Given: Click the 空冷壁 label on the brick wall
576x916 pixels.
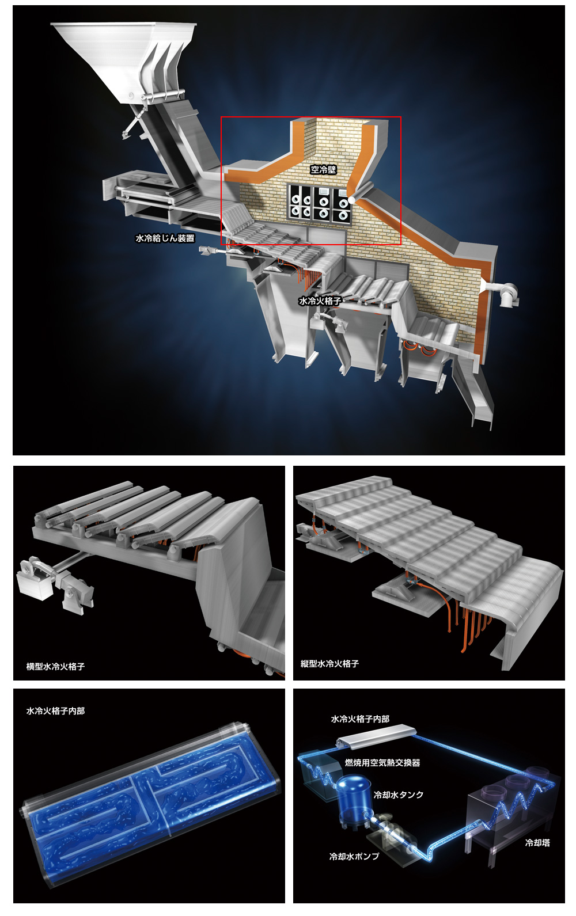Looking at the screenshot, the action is coord(323,169).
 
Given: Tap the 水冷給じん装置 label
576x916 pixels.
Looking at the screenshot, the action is coord(165,238).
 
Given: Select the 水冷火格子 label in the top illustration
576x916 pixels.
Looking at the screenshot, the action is coord(320,301).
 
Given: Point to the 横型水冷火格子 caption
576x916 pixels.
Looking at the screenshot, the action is coord(56,666).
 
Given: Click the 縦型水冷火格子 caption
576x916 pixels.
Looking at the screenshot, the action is coord(329,663).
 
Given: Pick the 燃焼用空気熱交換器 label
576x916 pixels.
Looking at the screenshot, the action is coord(382,762).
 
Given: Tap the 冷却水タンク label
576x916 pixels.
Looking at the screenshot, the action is coord(399,795).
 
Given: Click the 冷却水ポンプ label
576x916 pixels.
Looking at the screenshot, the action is coord(354,856).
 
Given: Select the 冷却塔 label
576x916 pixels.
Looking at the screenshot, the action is coord(537,842).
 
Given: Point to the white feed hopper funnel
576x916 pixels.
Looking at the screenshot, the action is coord(123,62).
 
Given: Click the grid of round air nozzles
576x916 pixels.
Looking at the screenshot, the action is coord(319,204).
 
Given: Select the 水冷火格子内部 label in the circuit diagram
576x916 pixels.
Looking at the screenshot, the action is coord(360,719).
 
